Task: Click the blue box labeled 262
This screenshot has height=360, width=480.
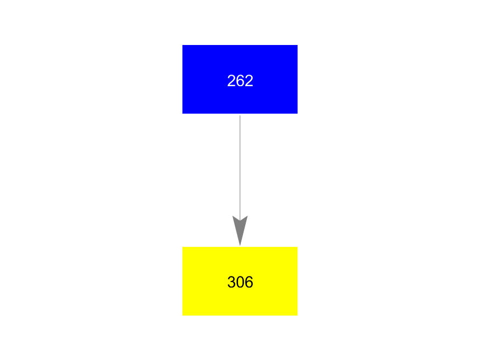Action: (x=240, y=79)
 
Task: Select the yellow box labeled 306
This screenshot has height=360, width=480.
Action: (x=240, y=281)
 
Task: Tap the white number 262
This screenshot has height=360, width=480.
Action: (x=240, y=81)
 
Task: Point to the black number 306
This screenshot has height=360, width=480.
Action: (x=240, y=282)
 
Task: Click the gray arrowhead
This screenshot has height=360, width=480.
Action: (x=240, y=230)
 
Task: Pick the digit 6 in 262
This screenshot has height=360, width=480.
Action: (x=240, y=81)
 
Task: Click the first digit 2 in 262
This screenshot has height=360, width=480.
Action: (x=231, y=81)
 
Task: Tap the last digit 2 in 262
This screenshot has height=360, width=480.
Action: (x=249, y=81)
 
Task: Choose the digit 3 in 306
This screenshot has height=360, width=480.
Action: (x=231, y=282)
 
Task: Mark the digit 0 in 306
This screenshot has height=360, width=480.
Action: (x=240, y=282)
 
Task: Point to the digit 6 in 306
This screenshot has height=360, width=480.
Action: (x=249, y=282)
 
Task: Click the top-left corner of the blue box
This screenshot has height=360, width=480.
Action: (x=183, y=45)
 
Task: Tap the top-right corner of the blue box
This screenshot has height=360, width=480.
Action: (x=297, y=45)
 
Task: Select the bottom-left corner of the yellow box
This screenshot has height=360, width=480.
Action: (x=183, y=316)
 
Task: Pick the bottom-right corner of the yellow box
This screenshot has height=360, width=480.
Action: (x=297, y=316)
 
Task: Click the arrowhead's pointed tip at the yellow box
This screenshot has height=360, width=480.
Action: (x=240, y=245)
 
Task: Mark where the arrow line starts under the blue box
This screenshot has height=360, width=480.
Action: (x=240, y=115)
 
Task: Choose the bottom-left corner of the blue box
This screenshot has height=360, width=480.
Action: (x=183, y=114)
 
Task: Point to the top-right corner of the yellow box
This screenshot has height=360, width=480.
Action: (x=297, y=247)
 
